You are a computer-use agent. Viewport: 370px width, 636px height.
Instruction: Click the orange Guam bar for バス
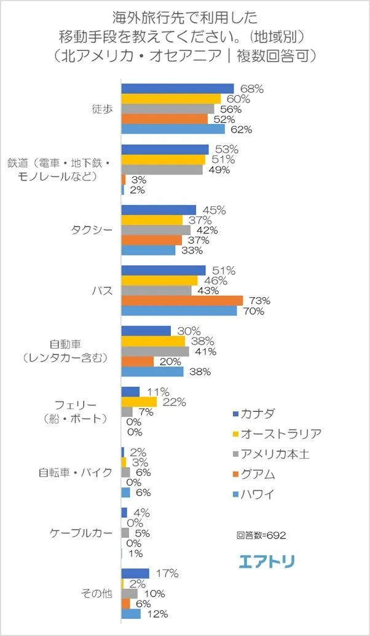tap(182, 301)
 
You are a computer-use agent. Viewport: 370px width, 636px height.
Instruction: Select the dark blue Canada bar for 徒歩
tap(178, 88)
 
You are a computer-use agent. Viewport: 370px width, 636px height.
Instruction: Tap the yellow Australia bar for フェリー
tap(139, 401)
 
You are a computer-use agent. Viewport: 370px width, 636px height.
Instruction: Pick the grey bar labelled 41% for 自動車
tap(155, 352)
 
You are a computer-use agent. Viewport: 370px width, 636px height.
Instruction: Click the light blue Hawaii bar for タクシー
tap(148, 250)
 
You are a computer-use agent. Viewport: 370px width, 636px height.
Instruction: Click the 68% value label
tap(252, 88)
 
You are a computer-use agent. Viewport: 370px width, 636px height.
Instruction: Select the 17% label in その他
tap(167, 573)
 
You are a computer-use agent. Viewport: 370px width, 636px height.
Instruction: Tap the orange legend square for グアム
tap(237, 475)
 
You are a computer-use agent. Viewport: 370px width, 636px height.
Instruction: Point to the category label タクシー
tap(92, 230)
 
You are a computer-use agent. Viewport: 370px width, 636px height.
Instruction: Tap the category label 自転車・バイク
tap(75, 473)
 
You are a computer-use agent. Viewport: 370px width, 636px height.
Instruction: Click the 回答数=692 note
tap(261, 535)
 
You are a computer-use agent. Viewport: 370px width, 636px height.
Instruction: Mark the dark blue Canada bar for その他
tap(135, 573)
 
